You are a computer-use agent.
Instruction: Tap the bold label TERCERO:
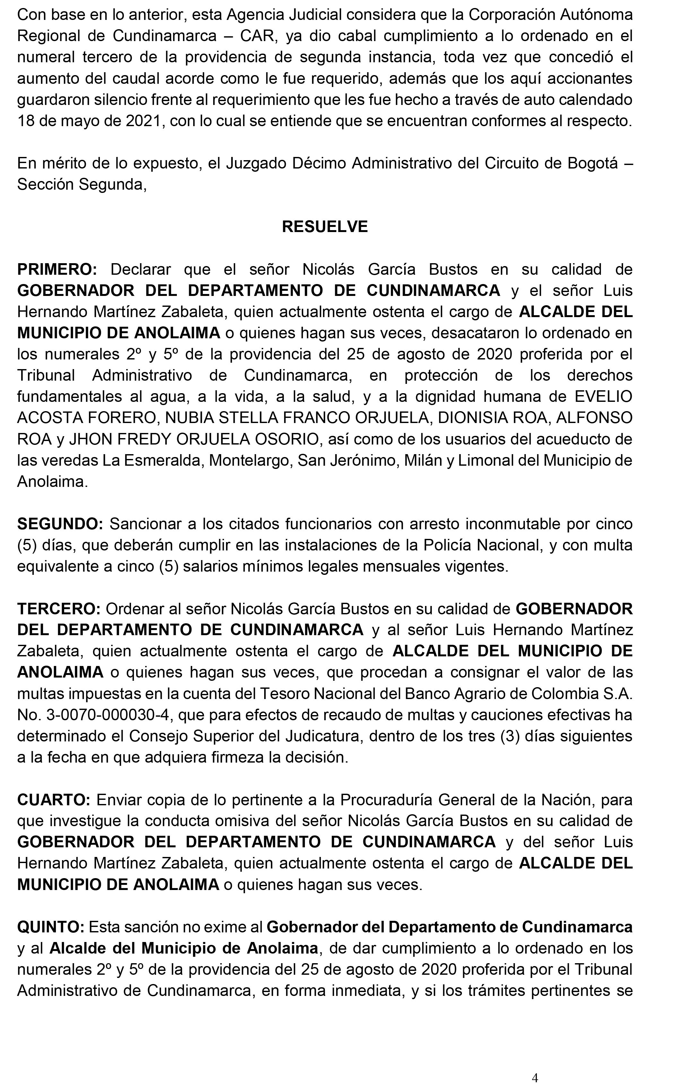pos(58,609)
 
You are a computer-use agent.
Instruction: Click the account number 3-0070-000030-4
pos(108,715)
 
